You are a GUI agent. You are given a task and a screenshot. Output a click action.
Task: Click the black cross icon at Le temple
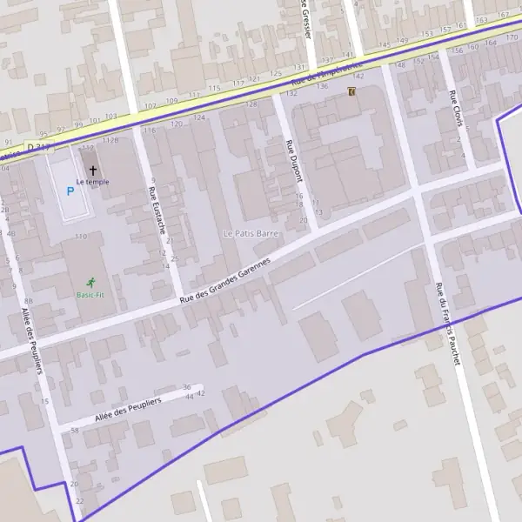pyautogui.click(x=92, y=171)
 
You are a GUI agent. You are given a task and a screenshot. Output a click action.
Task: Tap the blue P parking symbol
pyautogui.click(x=70, y=191)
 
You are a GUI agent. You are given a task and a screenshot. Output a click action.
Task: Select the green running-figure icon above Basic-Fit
pyautogui.click(x=91, y=282)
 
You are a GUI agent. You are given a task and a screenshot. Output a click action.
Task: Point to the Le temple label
pyautogui.click(x=92, y=182)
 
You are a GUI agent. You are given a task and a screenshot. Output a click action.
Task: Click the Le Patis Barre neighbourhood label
pyautogui.click(x=250, y=233)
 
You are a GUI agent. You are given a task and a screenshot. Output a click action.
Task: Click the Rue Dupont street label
pyautogui.click(x=294, y=160)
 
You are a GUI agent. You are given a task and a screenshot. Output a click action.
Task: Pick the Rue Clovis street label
pyautogui.click(x=456, y=109)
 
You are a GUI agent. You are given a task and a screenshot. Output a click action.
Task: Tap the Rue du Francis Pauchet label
pyautogui.click(x=447, y=324)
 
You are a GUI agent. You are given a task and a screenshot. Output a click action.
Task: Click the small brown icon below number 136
pyautogui.click(x=351, y=91)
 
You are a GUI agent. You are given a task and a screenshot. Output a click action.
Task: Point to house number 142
pyautogui.click(x=358, y=77)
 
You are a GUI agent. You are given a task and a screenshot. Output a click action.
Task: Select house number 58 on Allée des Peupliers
pyautogui.click(x=75, y=431)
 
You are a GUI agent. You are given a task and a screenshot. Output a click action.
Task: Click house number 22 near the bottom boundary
pyautogui.click(x=80, y=502)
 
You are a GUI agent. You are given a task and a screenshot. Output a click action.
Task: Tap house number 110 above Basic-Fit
pyautogui.click(x=81, y=237)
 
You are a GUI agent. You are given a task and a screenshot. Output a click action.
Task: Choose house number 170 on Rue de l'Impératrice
pyautogui.click(x=513, y=37)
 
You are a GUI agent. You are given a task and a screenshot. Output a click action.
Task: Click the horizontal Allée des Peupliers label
pyautogui.click(x=128, y=406)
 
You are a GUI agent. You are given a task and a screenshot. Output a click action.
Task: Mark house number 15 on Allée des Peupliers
pyautogui.click(x=44, y=401)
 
